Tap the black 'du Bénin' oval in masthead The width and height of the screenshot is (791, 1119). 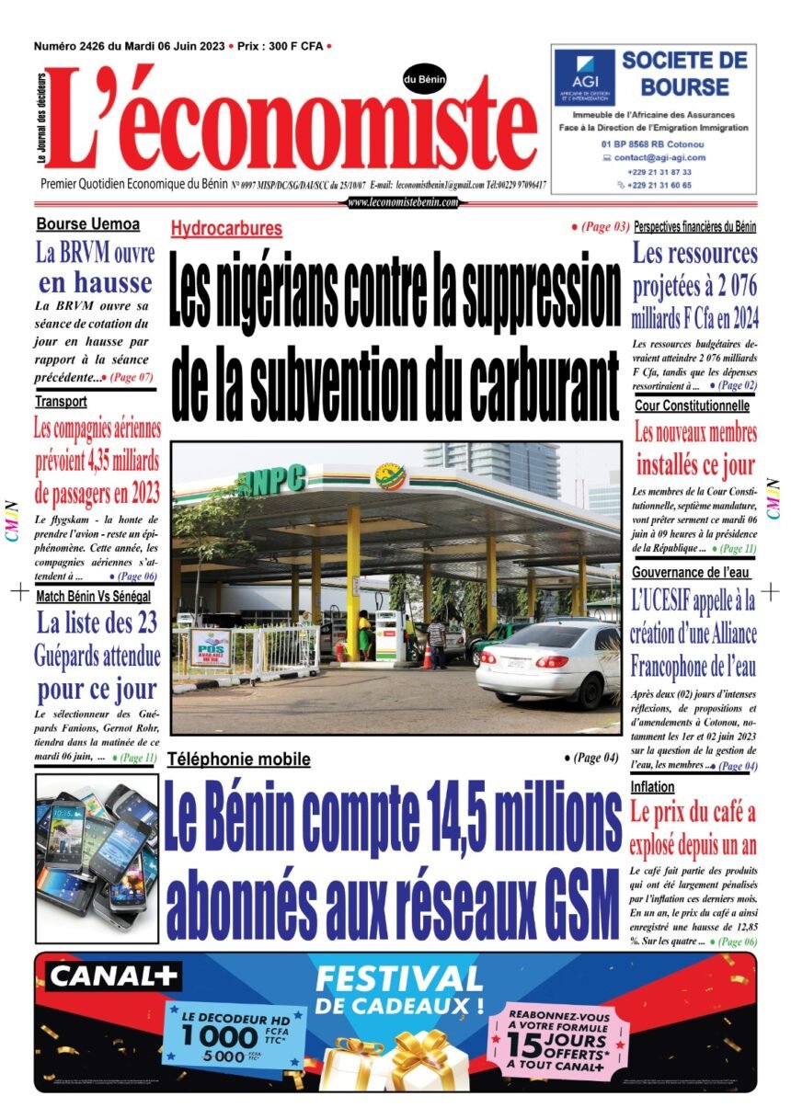[x=424, y=81]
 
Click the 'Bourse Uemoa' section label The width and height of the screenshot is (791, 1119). [x=88, y=223]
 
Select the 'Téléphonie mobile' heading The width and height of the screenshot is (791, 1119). [x=238, y=759]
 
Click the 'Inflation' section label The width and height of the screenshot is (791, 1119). [x=653, y=787]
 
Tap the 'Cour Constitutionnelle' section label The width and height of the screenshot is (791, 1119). [x=692, y=405]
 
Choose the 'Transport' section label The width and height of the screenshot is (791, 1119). [x=62, y=402]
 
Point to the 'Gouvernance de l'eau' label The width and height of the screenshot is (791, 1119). [x=689, y=572]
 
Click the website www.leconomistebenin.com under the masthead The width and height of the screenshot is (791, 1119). [x=403, y=202]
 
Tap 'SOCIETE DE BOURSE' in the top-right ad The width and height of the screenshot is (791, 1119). [x=684, y=74]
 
